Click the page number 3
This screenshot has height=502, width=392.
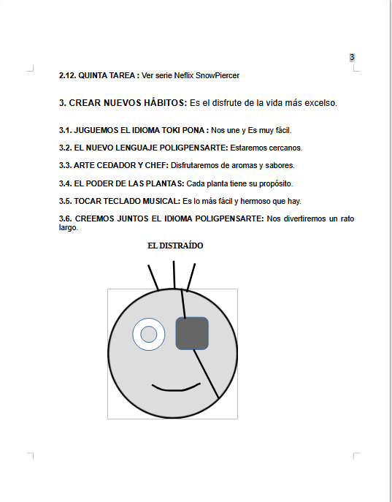coord(352,57)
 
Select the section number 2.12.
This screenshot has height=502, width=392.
coord(67,75)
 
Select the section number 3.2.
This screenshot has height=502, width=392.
coord(65,148)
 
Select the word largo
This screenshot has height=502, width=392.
coord(69,228)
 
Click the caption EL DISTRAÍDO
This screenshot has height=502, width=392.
coord(175,246)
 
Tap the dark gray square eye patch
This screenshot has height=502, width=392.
coord(192,333)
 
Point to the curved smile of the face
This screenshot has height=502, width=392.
coord(175,390)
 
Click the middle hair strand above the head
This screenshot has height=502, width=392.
coord(174,275)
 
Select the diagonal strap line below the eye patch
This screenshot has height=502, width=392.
coord(207,374)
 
